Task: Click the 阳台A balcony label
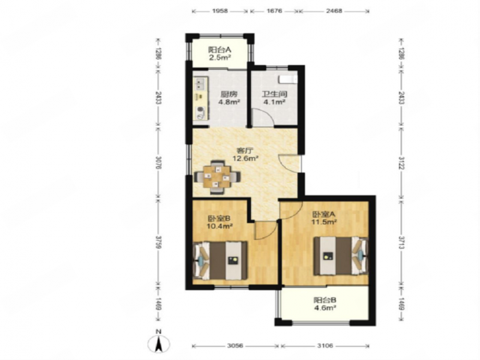[219, 50]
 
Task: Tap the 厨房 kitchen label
[228, 95]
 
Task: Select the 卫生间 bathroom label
[274, 95]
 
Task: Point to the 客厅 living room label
[245, 151]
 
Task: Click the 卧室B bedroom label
[219, 219]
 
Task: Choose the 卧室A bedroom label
[324, 214]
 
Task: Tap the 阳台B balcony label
[324, 300]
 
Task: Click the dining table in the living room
[217, 177]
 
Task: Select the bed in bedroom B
[220, 260]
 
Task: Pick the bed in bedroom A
[340, 256]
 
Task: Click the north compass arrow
[158, 344]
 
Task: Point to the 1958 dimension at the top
[219, 11]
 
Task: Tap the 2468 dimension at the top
[334, 11]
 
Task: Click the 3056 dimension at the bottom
[235, 346]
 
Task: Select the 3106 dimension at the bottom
[324, 346]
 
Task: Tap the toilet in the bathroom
[288, 80]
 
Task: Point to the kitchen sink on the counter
[200, 83]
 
